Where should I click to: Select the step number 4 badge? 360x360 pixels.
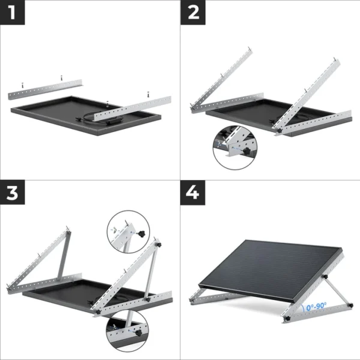[193, 193]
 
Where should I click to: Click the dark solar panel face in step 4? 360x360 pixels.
[270, 264]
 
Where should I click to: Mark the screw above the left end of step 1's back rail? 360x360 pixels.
[19, 85]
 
